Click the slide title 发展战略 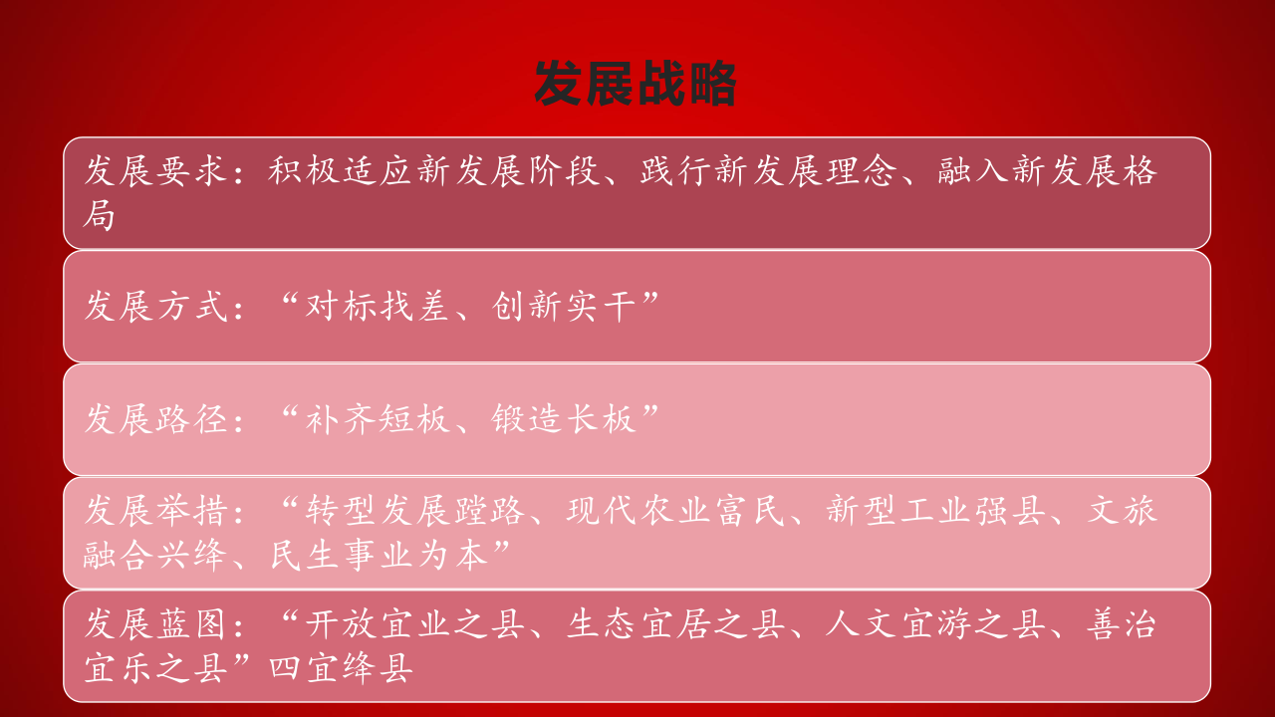pyautogui.click(x=636, y=84)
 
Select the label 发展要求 pyautogui.click(x=156, y=170)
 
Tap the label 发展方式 pyautogui.click(x=156, y=306)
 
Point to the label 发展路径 pyautogui.click(x=156, y=419)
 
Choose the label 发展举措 pyautogui.click(x=156, y=510)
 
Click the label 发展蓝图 pyautogui.click(x=156, y=623)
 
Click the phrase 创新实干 pyautogui.click(x=564, y=306)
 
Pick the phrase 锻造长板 pyautogui.click(x=564, y=419)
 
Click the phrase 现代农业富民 pyautogui.click(x=675, y=510)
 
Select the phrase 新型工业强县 pyautogui.click(x=935, y=510)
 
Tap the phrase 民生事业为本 pyautogui.click(x=379, y=555)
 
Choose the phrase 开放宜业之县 pyautogui.click(x=414, y=623)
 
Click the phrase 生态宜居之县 pyautogui.click(x=675, y=623)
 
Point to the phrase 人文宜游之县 pyautogui.click(x=935, y=623)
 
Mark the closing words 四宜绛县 pyautogui.click(x=341, y=668)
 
